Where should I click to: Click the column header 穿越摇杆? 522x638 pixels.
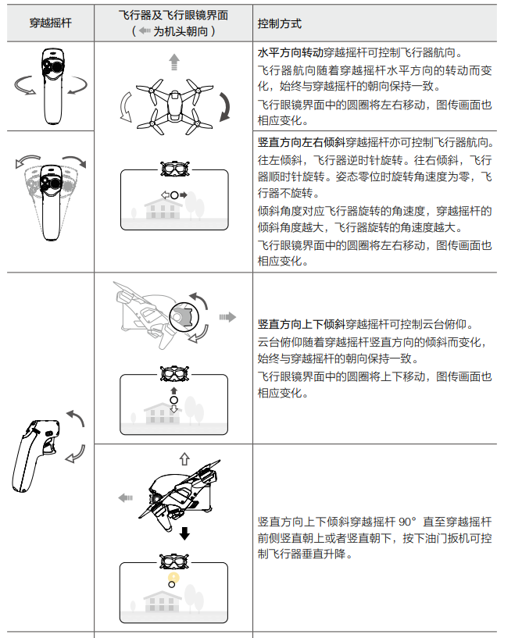(51, 23)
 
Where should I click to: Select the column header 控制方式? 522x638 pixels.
(279, 23)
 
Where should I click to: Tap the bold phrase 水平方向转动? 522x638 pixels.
(291, 52)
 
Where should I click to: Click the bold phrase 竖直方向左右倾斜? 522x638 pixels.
(302, 142)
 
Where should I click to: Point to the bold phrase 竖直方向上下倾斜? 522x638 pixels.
(302, 324)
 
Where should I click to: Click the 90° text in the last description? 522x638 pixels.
(407, 522)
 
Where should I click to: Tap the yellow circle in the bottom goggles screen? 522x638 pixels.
(173, 577)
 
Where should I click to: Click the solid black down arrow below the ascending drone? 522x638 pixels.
(185, 533)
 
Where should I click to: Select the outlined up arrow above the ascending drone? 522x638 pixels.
(184, 459)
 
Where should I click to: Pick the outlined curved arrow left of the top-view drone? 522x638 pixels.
(123, 107)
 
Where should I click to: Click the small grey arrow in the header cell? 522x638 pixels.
(145, 30)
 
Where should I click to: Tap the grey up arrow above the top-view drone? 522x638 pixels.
(174, 62)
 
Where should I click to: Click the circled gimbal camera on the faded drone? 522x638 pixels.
(184, 317)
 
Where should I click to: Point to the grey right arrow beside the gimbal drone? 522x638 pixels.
(227, 317)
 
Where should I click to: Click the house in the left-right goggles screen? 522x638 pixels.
(163, 209)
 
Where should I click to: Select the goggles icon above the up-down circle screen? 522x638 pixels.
(174, 373)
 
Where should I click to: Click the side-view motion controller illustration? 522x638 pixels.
(36, 456)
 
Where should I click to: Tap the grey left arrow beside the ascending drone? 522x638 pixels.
(125, 497)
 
